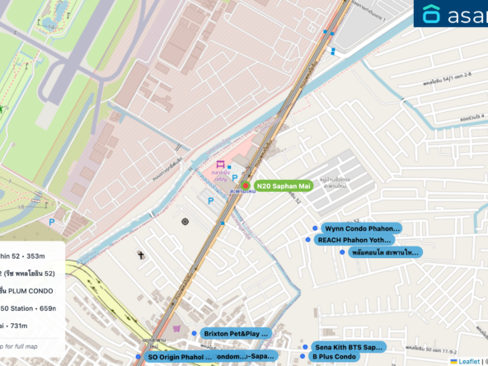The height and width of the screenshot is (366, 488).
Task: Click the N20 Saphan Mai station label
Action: (283, 186)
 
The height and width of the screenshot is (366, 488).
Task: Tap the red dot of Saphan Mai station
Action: (245, 185)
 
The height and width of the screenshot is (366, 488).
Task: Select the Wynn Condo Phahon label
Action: (361, 228)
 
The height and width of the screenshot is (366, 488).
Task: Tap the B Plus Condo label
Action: (334, 357)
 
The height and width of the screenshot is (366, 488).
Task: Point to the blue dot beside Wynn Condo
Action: (314, 228)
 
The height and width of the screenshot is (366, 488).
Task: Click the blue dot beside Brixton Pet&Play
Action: (194, 333)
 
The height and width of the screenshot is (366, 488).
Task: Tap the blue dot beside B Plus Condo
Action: (303, 357)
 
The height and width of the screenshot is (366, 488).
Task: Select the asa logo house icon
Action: (432, 14)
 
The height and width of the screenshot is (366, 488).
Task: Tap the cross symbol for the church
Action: (141, 256)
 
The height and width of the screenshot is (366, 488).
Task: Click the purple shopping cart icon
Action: (176, 327)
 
